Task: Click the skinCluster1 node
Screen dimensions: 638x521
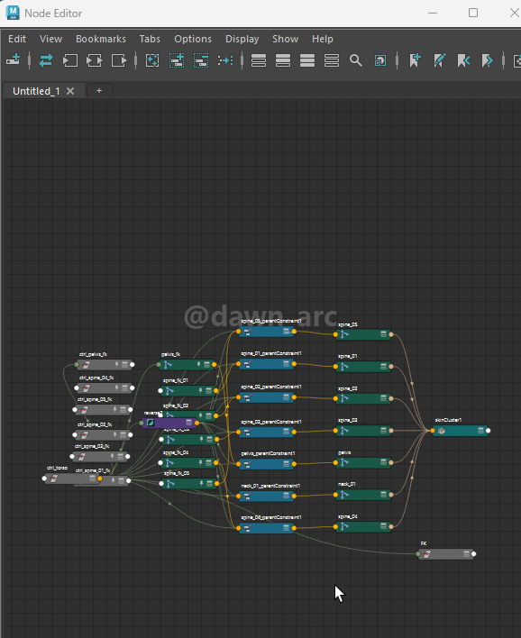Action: pos(460,431)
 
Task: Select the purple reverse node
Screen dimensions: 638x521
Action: pos(168,423)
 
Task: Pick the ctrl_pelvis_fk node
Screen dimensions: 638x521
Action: pos(104,365)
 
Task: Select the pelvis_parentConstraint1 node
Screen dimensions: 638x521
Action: pos(268,463)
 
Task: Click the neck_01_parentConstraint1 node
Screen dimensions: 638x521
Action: pos(268,496)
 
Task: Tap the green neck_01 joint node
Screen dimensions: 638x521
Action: pos(362,495)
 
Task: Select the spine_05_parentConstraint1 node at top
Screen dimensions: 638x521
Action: pos(268,332)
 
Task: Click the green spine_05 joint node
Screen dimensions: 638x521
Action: pos(362,334)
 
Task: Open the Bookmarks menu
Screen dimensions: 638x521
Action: pos(101,39)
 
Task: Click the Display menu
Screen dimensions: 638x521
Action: pos(242,39)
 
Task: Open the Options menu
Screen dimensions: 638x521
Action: pos(193,39)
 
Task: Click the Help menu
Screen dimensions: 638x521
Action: pos(323,39)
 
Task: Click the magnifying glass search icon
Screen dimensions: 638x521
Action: pos(356,60)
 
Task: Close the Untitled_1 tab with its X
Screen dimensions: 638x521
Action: pos(70,91)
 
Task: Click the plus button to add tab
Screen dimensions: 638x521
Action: pos(99,91)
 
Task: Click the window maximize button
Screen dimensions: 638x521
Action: pos(473,13)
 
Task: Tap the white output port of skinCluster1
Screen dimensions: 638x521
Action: pos(489,431)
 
